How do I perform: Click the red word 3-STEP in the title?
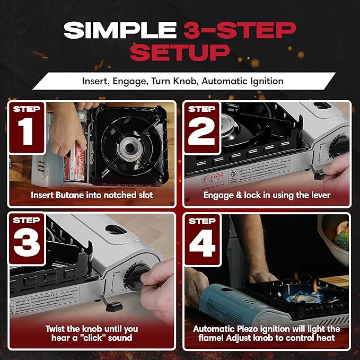coord(240,30)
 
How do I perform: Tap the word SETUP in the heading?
coord(180,53)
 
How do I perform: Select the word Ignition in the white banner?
coord(265,82)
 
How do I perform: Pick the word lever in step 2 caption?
coord(319,195)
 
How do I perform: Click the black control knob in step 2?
coord(339,147)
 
